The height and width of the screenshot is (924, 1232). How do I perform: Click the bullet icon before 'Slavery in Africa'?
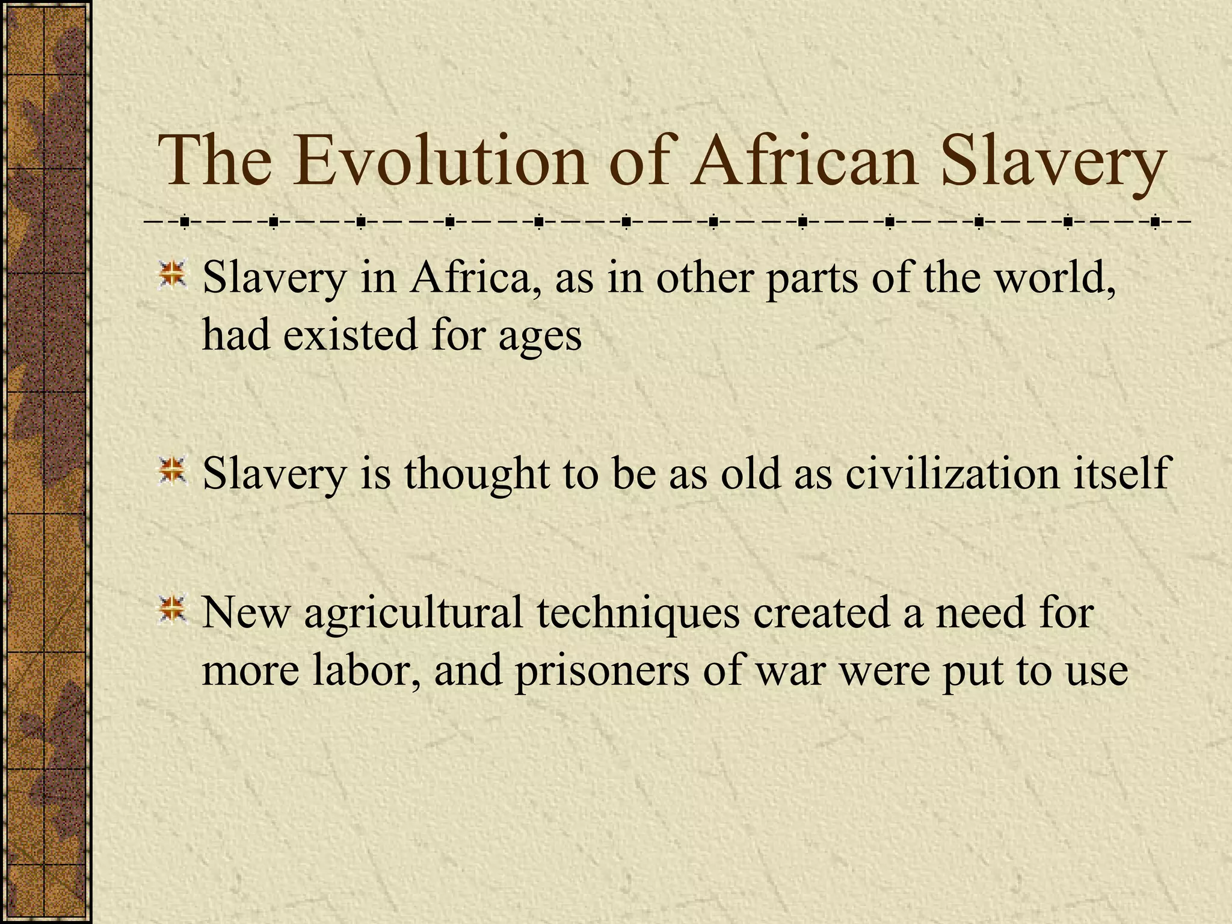(173, 274)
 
